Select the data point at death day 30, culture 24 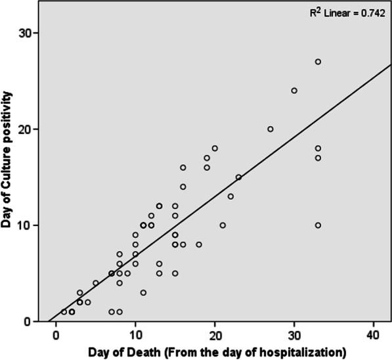[294, 91]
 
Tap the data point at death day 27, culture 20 [271, 129]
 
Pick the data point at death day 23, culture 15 [238, 177]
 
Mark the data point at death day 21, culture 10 [223, 225]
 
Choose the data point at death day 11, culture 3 [143, 292]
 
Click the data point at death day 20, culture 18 [215, 148]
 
